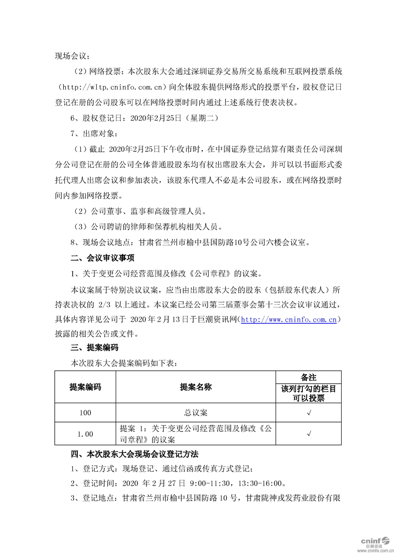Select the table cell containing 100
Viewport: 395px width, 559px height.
[x=85, y=413]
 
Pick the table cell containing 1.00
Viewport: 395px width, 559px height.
[x=85, y=434]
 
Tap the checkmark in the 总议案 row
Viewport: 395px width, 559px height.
[x=309, y=413]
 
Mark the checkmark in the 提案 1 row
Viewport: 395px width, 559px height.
[x=309, y=434]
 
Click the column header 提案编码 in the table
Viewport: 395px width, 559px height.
[x=85, y=387]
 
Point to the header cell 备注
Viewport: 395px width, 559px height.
[x=309, y=377]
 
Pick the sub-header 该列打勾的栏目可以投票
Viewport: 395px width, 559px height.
[x=309, y=393]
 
